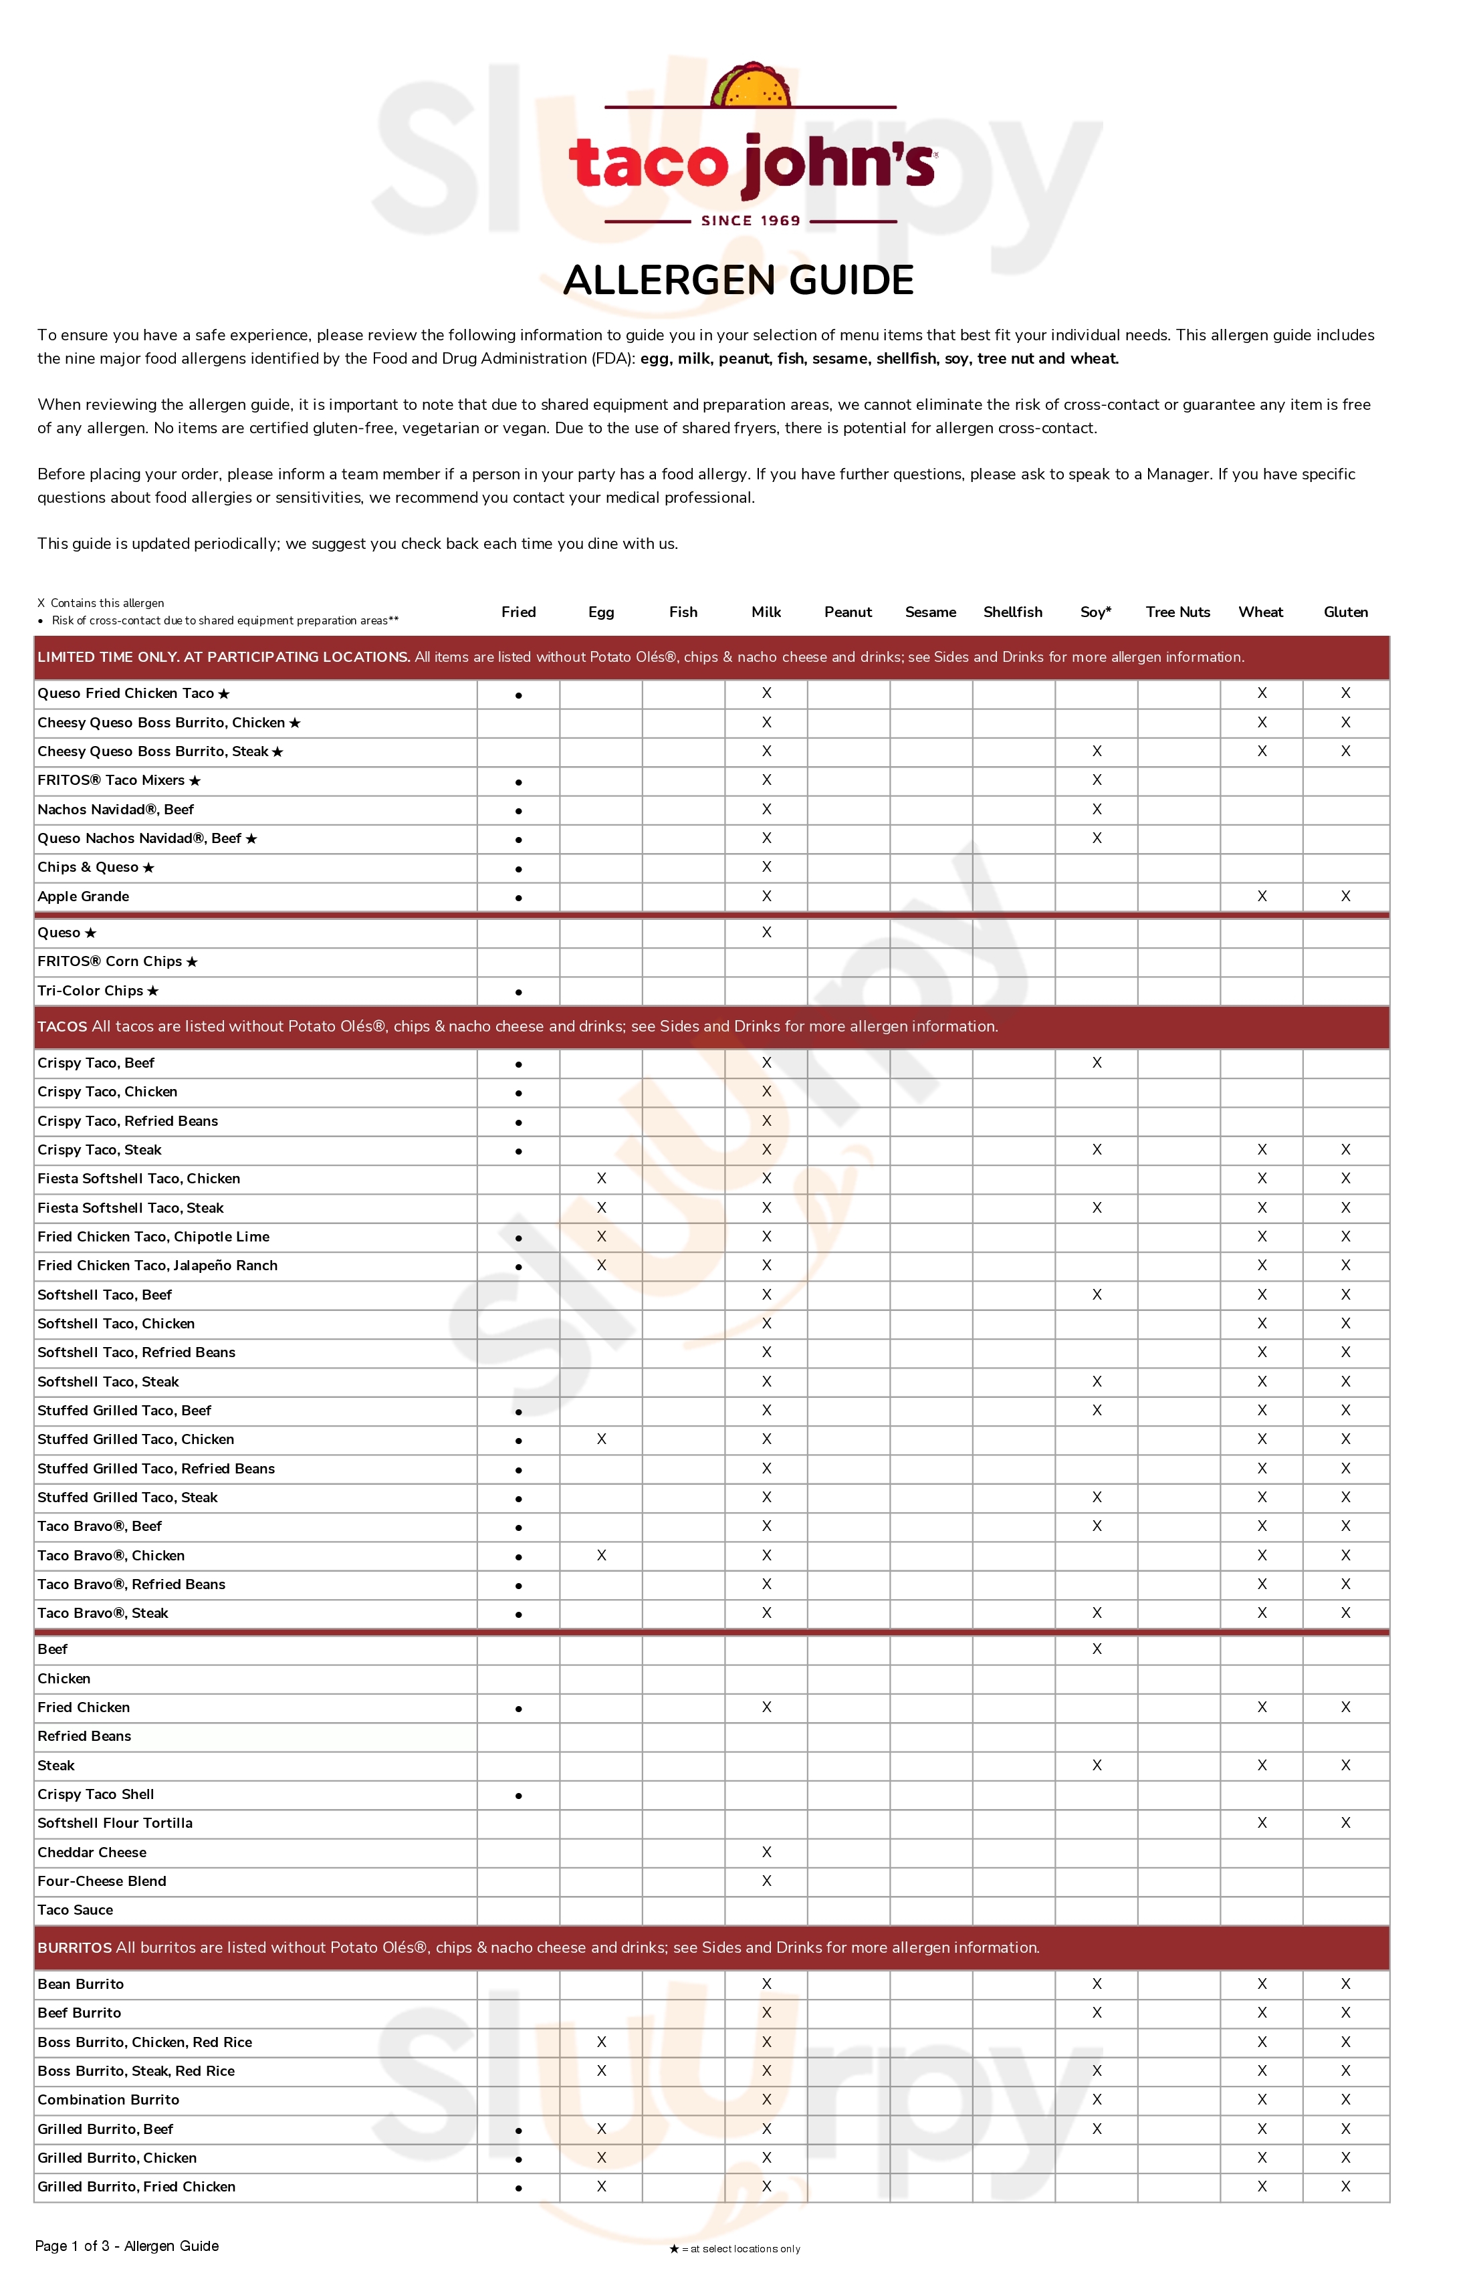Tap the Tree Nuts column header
1177,612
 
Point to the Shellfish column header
1012,612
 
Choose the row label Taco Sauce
76,1909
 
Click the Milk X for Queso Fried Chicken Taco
766,693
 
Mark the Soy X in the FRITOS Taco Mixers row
1097,780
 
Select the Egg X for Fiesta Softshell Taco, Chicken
601,1179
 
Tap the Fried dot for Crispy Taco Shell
519,1796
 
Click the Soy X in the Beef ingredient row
1097,1649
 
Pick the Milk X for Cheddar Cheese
766,1852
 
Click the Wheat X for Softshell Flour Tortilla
1262,1823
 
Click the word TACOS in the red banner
62,1027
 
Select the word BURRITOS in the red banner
74,1947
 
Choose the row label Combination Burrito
108,2099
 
